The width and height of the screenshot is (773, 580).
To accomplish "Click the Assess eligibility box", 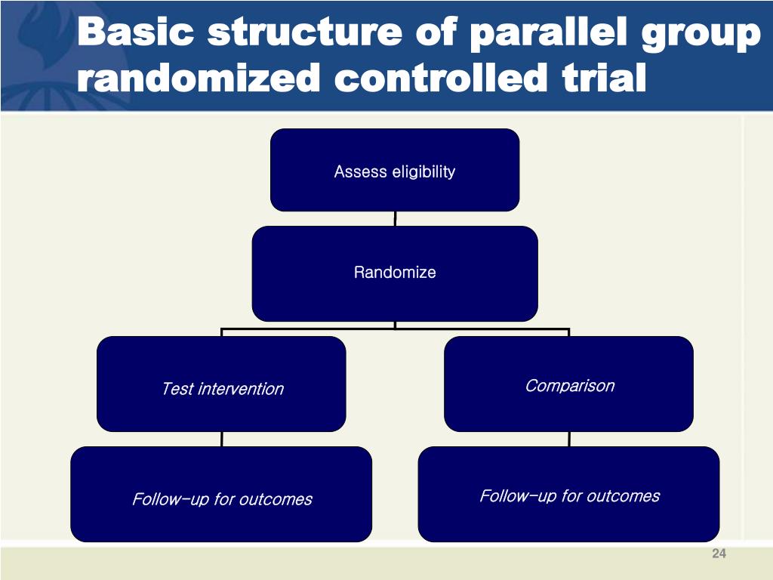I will pyautogui.click(x=395, y=171).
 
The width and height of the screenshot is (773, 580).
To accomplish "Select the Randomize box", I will pyautogui.click(x=395, y=273).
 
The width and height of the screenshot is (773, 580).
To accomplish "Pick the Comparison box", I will pyautogui.click(x=568, y=385).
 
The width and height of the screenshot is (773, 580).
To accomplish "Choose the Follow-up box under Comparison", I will pyautogui.click(x=568, y=495).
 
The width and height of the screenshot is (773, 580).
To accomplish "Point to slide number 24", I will pyautogui.click(x=718, y=555).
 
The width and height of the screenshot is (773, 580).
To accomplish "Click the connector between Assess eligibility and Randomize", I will pyautogui.click(x=395, y=219).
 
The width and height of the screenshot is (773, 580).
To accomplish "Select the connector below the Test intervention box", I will pyautogui.click(x=221, y=439).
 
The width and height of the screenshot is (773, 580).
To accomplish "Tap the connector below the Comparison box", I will pyautogui.click(x=568, y=439).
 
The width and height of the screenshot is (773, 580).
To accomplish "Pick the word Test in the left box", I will pyautogui.click(x=177, y=389).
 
